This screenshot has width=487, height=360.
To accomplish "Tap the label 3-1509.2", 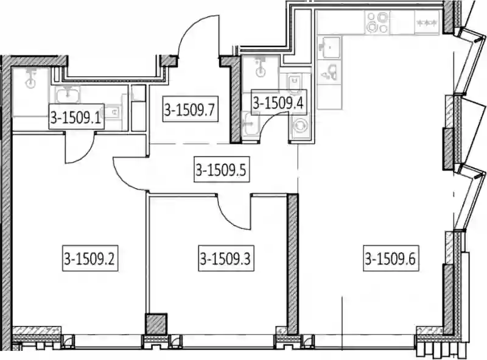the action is click(90, 258).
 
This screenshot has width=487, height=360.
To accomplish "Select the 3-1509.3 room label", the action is click(226, 258).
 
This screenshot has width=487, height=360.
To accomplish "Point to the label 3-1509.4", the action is click(278, 102).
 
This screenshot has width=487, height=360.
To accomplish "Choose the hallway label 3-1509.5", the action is click(222, 170).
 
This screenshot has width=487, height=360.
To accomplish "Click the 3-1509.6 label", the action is click(391, 258).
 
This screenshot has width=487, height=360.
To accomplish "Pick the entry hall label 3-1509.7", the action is click(190, 110).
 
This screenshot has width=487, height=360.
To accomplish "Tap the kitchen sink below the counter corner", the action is click(329, 47).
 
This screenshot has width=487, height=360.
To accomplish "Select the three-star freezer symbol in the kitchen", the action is click(427, 23).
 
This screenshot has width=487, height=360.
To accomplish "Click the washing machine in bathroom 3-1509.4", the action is click(301, 125).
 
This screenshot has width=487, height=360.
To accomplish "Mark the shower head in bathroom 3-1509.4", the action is click(260, 67).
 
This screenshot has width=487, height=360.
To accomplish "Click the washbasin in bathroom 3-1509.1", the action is click(68, 94).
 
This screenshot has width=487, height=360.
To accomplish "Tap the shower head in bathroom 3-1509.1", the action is click(31, 79).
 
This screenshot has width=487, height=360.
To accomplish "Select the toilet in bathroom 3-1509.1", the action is click(113, 111).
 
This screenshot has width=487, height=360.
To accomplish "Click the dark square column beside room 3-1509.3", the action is click(156, 324).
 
